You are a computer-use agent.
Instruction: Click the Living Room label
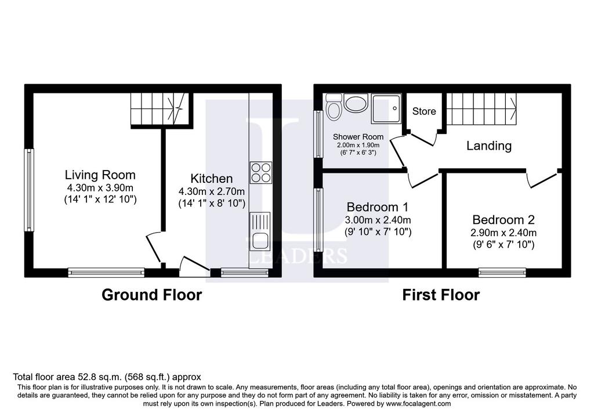[x=100, y=175]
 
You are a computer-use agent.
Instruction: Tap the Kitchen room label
[x=211, y=179]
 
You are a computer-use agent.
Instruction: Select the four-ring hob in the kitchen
[x=261, y=173]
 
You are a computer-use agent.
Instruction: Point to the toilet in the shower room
[x=334, y=107]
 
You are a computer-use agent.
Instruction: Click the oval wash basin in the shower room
[x=356, y=104]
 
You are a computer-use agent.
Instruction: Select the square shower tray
[x=386, y=108]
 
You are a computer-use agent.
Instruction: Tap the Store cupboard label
[x=424, y=111]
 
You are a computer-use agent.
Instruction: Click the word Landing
[x=488, y=146]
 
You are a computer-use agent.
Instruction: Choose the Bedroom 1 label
[x=377, y=207]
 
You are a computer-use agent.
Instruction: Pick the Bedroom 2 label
[x=504, y=220]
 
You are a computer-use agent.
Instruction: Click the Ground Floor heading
[x=151, y=295]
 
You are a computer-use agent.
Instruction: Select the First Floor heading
[x=441, y=295]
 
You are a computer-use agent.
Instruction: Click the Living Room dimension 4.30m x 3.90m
[x=100, y=188]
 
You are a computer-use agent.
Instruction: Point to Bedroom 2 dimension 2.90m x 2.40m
[x=504, y=233]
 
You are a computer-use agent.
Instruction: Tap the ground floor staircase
[x=160, y=108]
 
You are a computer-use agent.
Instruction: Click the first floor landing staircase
[x=481, y=108]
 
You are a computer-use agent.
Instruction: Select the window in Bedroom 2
[x=502, y=272]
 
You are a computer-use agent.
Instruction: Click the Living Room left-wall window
[x=29, y=190]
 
